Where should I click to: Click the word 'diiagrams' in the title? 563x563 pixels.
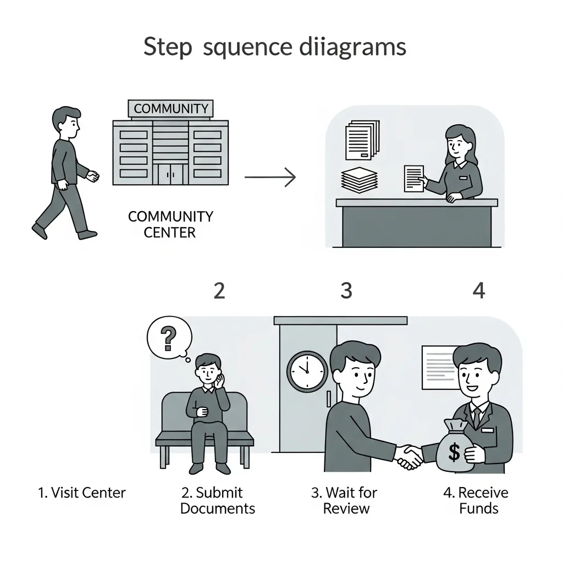352,47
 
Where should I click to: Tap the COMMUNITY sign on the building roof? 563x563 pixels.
170,108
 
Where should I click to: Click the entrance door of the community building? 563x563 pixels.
170,174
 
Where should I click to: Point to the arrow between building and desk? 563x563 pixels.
270,177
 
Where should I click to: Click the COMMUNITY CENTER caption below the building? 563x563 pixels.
170,224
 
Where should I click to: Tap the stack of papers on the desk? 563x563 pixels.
360,180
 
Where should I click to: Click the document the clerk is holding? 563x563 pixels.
414,179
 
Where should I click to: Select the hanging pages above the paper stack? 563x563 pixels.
362,140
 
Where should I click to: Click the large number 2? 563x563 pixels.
219,290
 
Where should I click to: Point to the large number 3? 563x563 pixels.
346,290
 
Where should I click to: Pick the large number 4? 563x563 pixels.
479,290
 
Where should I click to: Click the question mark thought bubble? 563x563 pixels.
169,338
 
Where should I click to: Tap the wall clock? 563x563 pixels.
307,371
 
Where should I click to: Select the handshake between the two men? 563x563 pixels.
409,457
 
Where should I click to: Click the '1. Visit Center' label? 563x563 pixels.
82,493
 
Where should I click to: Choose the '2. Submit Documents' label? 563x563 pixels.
218,500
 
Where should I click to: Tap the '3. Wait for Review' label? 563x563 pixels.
345,500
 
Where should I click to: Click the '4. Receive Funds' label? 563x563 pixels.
476,500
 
